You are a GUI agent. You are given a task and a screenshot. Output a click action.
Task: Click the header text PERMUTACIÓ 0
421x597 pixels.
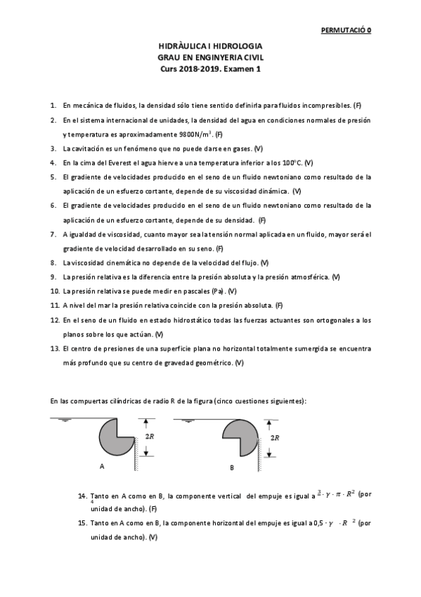[x=346, y=30]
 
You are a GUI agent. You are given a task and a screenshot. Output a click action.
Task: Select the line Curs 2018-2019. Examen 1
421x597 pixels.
[x=210, y=69]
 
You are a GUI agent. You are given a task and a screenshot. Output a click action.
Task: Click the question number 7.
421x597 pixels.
[x=53, y=234]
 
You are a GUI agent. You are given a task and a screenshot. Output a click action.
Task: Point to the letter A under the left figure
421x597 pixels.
[x=101, y=466]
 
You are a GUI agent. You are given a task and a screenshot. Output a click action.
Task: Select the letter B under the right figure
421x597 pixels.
[x=232, y=467]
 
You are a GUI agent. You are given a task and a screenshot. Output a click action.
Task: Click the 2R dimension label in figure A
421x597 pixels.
[x=149, y=437]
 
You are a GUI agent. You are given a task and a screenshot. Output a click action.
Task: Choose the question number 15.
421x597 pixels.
[x=83, y=523]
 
